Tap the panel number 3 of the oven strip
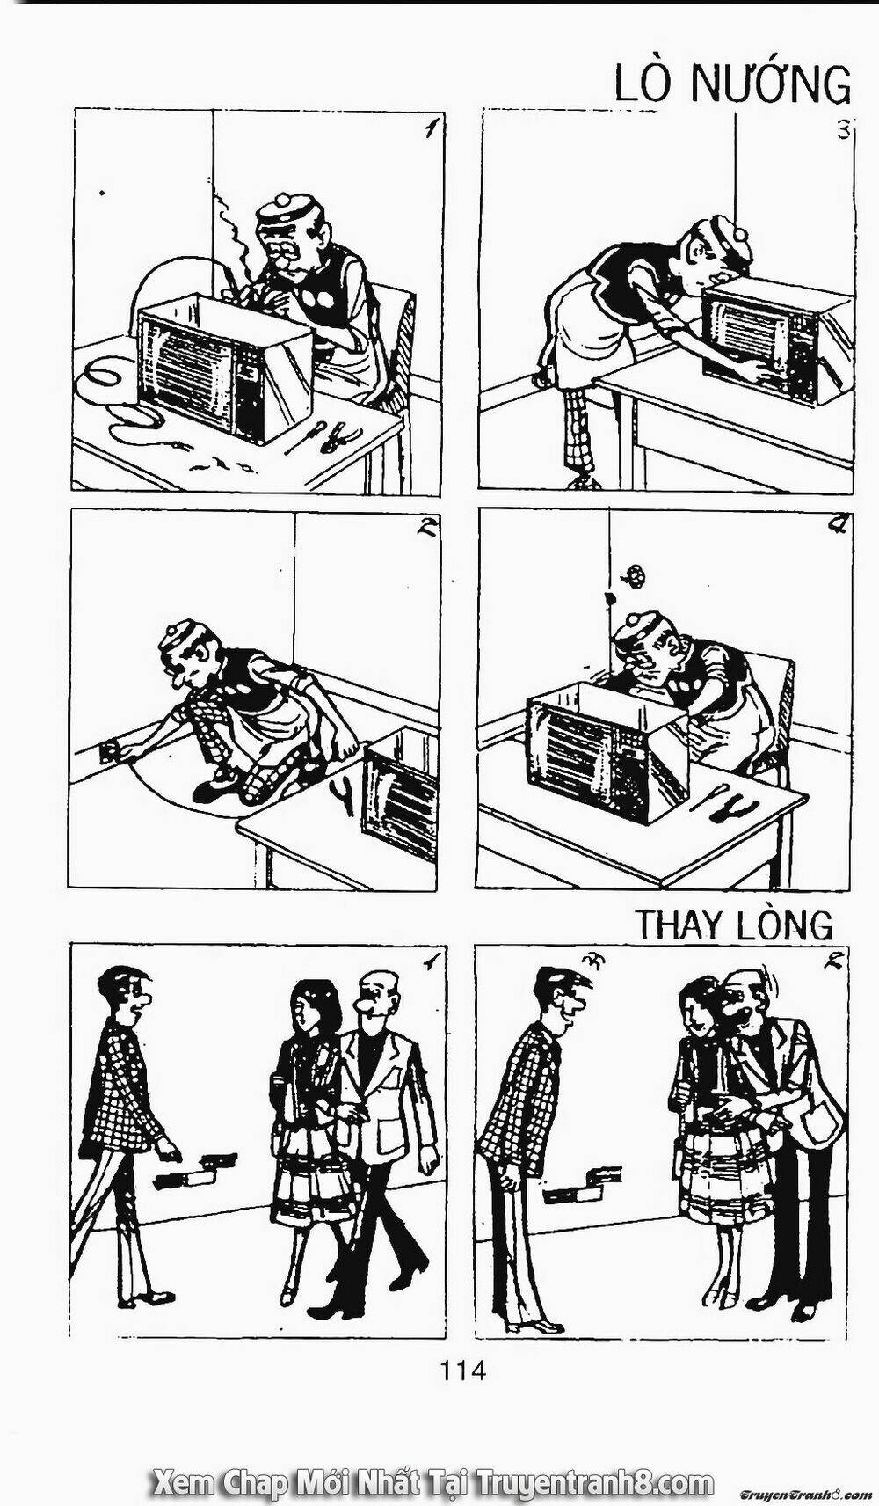tap(843, 130)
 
